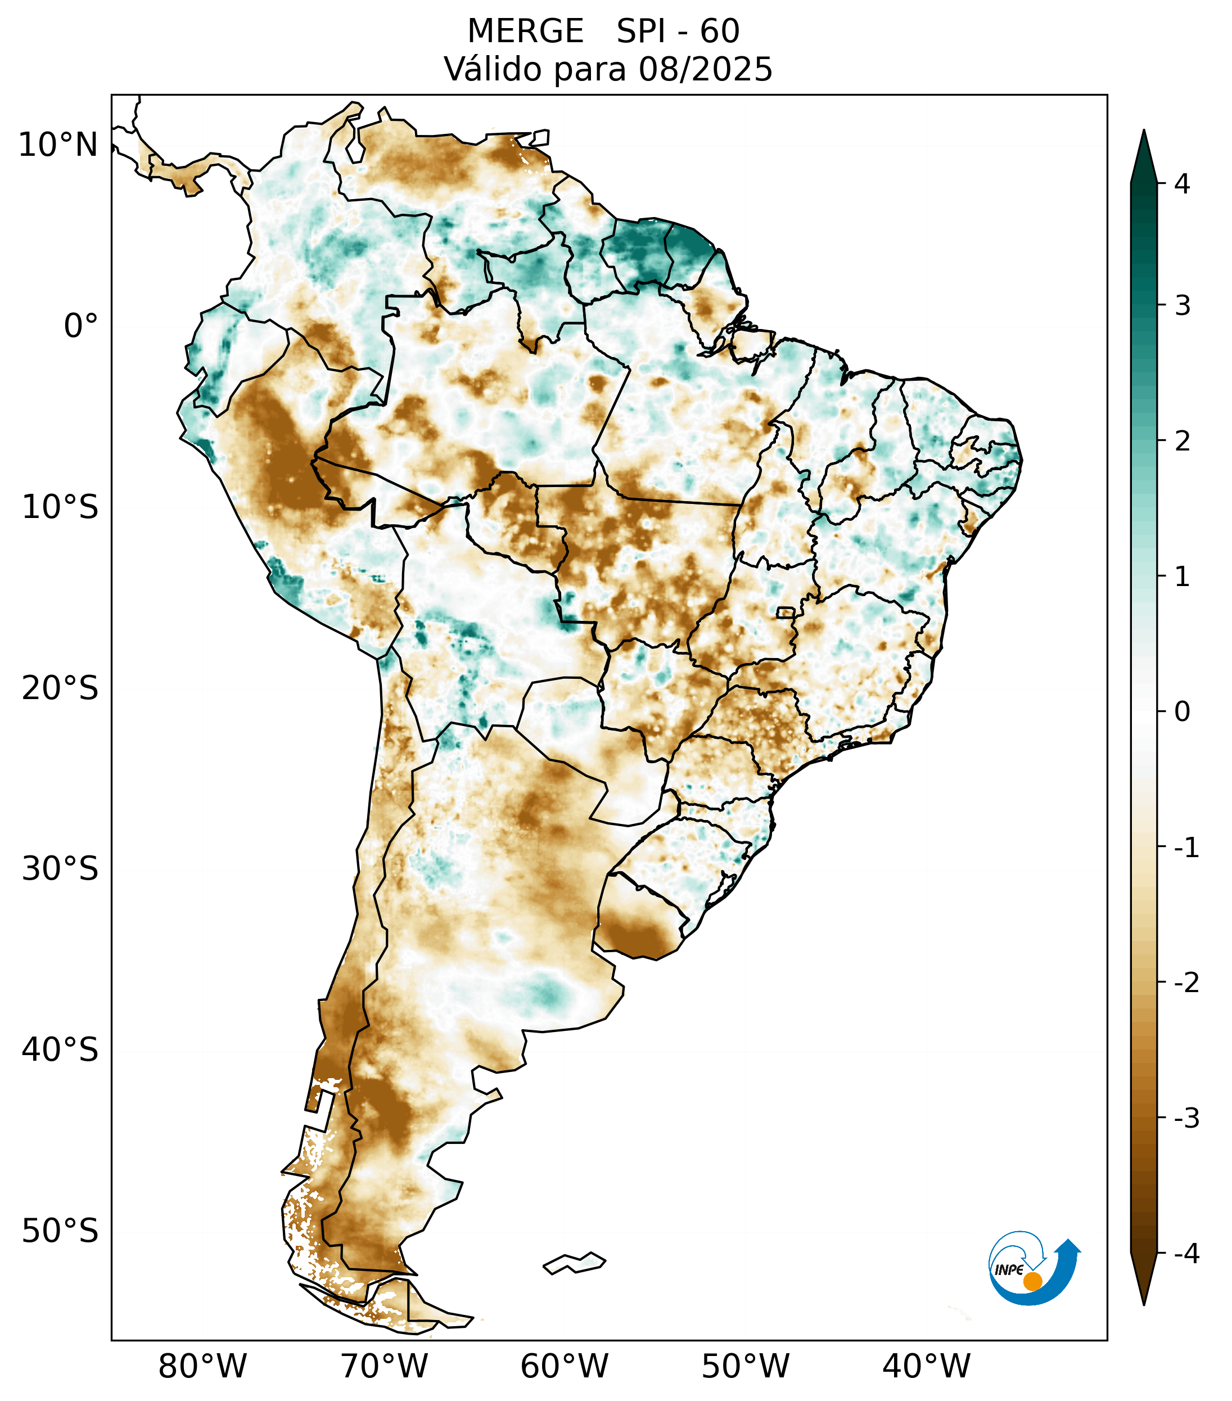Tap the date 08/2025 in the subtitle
706,69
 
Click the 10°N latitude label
58,145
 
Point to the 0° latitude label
81,326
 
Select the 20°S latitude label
60,688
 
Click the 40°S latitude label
60,1050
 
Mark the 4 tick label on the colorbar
1182,184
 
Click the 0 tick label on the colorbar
1182,712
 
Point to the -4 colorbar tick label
1186,1254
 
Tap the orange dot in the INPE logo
1032,1281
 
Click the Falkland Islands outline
574,1263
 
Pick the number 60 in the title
720,31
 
